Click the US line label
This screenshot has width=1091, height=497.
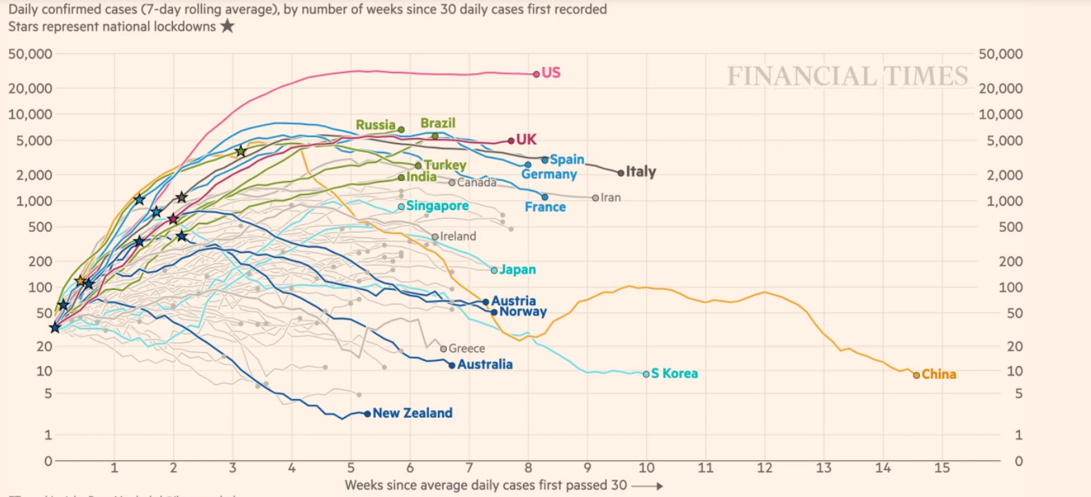point(550,72)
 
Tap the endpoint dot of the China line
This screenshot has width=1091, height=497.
point(917,375)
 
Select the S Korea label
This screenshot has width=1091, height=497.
point(674,373)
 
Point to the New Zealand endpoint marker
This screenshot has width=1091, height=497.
point(368,414)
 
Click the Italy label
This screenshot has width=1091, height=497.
point(641,171)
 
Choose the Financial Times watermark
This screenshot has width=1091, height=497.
point(848,76)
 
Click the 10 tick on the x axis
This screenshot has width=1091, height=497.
point(646,468)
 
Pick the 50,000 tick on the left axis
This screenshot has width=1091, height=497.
point(30,54)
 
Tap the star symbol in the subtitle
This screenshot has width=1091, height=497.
point(227,26)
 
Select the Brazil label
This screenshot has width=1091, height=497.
point(438,123)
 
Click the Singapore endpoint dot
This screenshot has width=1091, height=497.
point(401,206)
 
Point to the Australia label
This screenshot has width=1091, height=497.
point(485,364)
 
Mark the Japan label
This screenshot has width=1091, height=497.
point(517,270)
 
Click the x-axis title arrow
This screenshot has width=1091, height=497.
point(647,486)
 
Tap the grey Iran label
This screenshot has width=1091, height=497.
point(610,197)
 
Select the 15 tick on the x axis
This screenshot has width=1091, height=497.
point(942,468)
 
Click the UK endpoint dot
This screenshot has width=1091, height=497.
point(511,140)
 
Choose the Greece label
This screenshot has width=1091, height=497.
point(466,349)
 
